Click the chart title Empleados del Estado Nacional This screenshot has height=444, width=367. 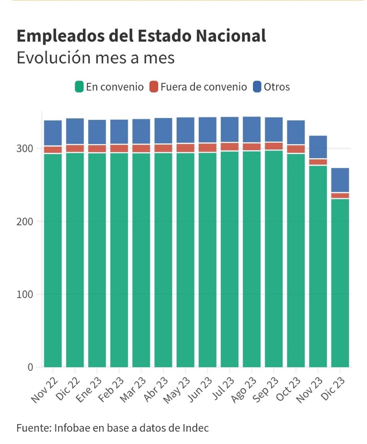[141, 36]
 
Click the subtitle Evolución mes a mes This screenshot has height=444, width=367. [96, 58]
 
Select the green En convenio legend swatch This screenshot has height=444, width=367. [79, 87]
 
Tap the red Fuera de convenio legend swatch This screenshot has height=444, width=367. [154, 87]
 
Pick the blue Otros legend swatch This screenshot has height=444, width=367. [257, 87]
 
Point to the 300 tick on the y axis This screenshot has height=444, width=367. [25, 148]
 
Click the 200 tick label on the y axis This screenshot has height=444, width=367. [25, 222]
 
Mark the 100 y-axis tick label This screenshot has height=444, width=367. [25, 294]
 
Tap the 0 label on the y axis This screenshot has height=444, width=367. [30, 367]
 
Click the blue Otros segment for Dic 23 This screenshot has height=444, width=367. [340, 180]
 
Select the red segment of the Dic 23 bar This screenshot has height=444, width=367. [340, 196]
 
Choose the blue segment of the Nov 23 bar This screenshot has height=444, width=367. [318, 147]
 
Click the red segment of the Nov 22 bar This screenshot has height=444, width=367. [53, 150]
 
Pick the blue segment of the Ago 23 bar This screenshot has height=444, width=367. [252, 130]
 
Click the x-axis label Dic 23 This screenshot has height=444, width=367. [333, 389]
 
